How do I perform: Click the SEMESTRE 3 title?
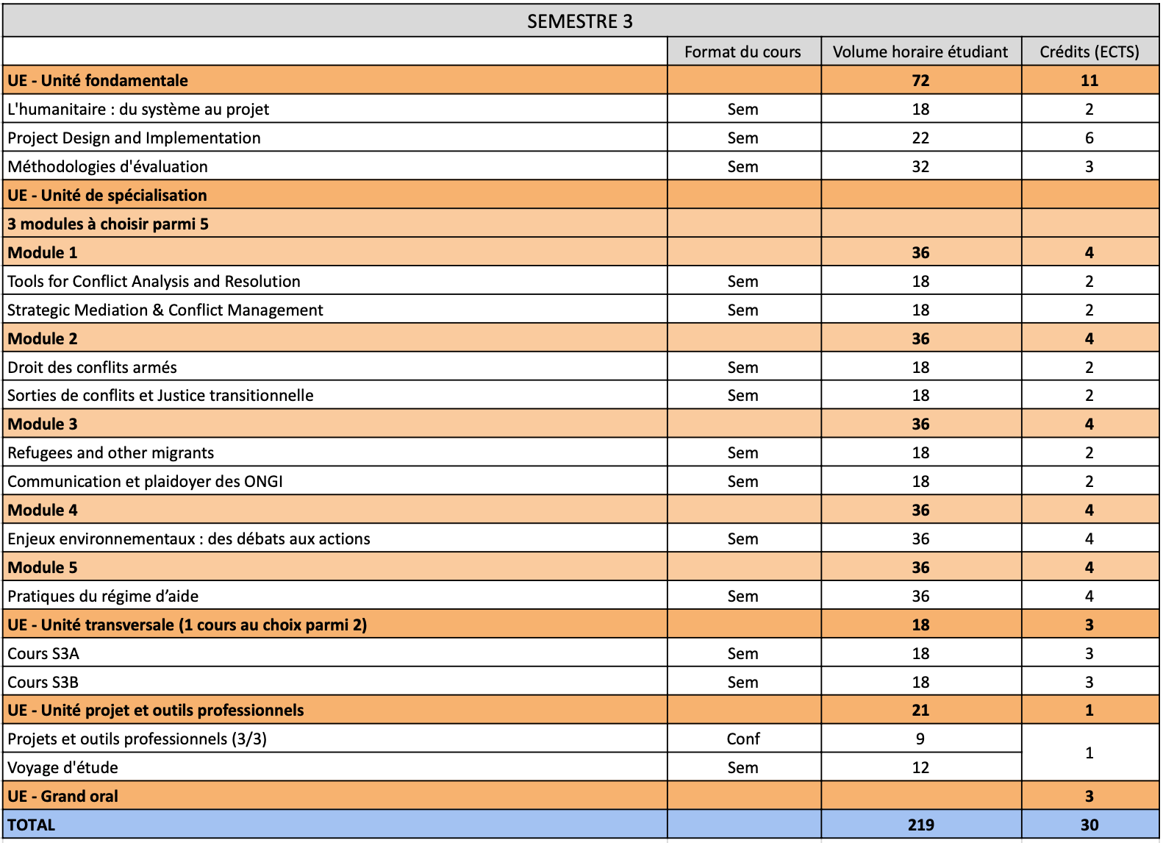(x=579, y=21)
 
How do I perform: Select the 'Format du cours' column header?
(x=742, y=51)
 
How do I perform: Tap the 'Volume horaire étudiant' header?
(x=920, y=51)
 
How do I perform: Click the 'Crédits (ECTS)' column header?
(x=1089, y=51)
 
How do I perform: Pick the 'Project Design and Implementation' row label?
(x=134, y=138)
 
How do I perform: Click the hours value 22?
(x=920, y=138)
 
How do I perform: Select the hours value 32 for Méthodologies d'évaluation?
(x=920, y=166)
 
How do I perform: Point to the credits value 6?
(x=1089, y=138)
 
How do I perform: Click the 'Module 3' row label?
(x=43, y=424)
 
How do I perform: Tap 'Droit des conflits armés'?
(x=92, y=367)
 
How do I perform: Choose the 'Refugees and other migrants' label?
(x=110, y=452)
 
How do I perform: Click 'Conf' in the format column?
(x=742, y=739)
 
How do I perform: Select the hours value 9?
(x=920, y=739)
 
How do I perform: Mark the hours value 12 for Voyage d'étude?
(x=920, y=767)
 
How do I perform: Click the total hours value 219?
(x=920, y=825)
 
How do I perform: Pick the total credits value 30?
(x=1089, y=825)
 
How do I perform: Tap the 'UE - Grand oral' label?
(x=62, y=796)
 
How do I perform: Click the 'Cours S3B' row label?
(x=43, y=682)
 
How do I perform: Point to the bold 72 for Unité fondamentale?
(x=920, y=80)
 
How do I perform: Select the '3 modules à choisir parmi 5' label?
(x=108, y=224)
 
